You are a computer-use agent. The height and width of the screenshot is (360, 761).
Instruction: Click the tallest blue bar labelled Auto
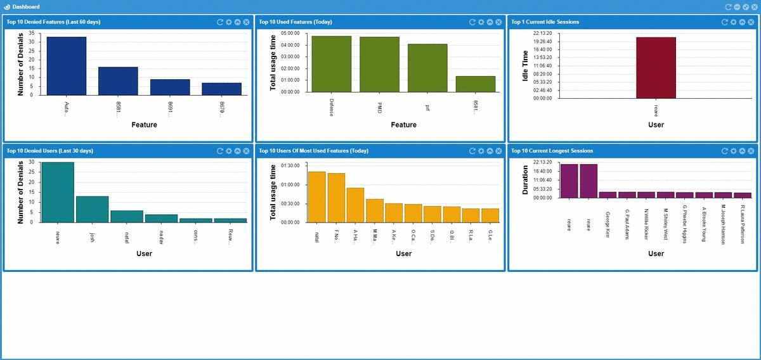pos(66,66)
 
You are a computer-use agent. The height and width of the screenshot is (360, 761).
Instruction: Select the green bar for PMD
pos(379,64)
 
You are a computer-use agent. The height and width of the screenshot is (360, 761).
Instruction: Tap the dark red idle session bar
pos(656,68)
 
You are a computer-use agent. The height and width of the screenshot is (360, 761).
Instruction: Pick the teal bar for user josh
pos(92,209)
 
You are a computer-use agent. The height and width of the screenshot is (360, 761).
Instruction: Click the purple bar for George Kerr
pos(608,195)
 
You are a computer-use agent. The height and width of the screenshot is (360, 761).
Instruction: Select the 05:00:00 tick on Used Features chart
pos(290,33)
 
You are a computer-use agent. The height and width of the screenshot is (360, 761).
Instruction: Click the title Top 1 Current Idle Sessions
pos(545,22)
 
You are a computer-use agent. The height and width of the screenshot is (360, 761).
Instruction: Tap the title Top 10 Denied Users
pos(49,151)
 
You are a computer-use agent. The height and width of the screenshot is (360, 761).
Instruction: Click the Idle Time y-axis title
pos(517,66)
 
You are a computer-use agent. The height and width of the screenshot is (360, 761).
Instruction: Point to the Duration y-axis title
pos(525,182)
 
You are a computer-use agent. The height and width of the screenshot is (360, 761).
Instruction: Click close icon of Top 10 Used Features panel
pos(499,22)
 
